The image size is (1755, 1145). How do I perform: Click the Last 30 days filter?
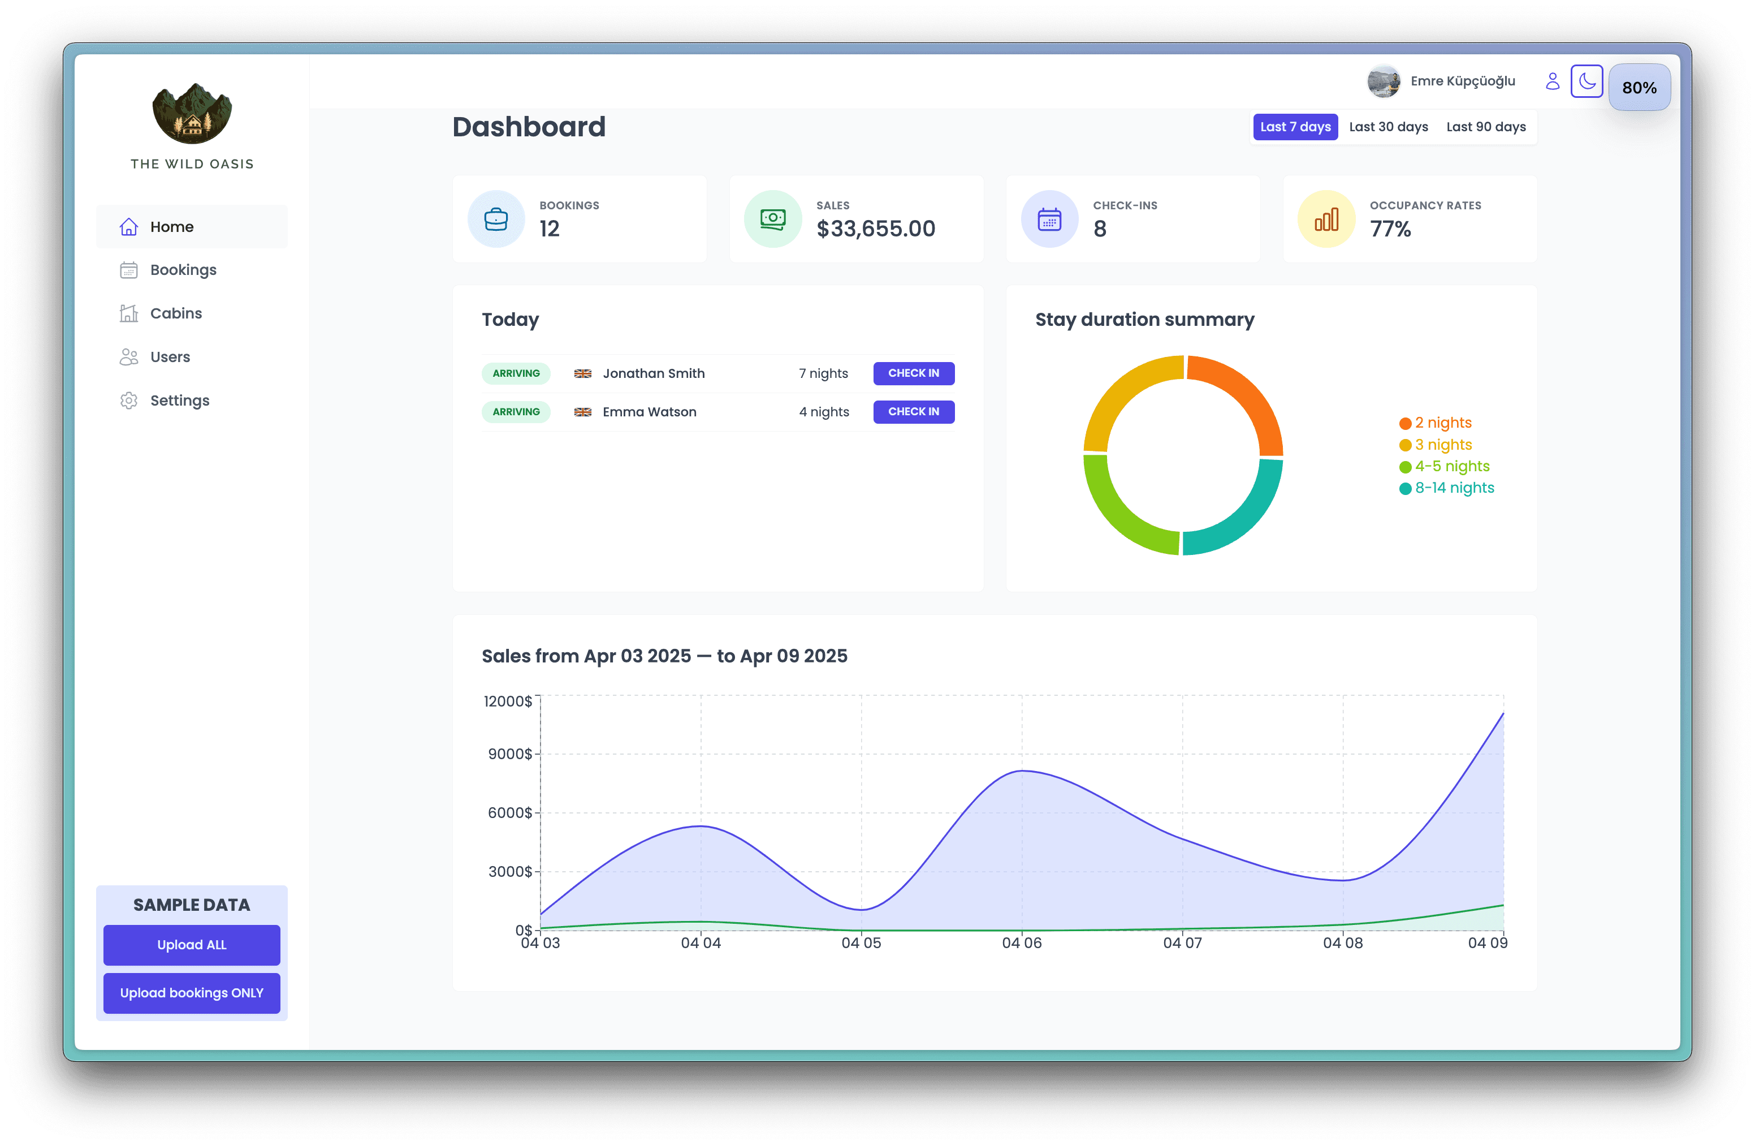click(x=1388, y=127)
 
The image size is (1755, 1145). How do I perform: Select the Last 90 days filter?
click(x=1485, y=127)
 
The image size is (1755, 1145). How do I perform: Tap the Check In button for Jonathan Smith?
click(x=913, y=373)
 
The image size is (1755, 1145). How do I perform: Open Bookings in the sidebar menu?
click(x=183, y=270)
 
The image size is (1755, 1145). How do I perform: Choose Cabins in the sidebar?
click(x=175, y=313)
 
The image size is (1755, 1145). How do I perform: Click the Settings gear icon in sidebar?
click(x=129, y=401)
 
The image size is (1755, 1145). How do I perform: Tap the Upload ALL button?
click(x=192, y=945)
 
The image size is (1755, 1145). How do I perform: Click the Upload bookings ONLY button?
click(x=192, y=993)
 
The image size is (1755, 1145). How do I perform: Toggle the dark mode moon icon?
click(x=1586, y=81)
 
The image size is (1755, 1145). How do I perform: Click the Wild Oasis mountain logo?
click(x=192, y=113)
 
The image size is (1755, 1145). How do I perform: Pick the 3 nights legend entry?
click(x=1442, y=445)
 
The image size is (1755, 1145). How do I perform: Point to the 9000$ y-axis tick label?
click(x=509, y=754)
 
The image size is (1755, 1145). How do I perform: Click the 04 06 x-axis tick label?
click(x=1021, y=943)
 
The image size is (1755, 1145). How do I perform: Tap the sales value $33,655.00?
click(x=875, y=229)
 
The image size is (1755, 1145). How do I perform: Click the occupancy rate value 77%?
click(x=1390, y=229)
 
